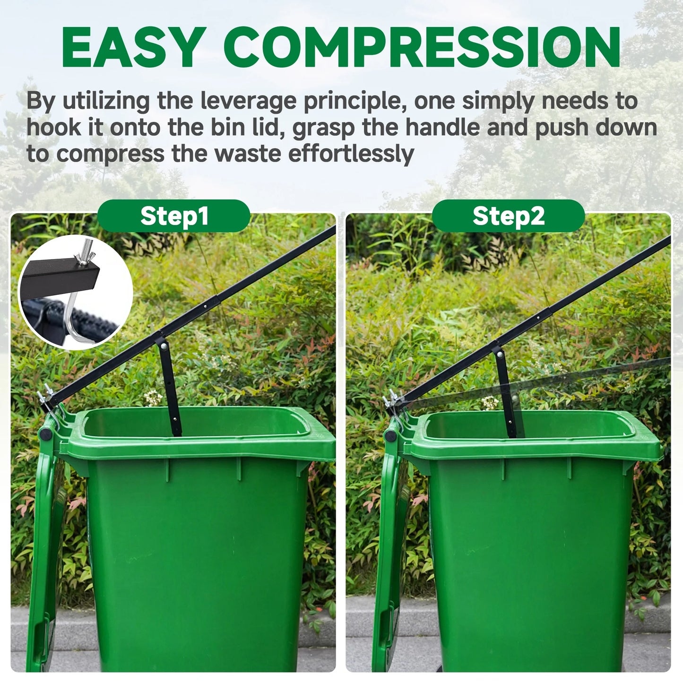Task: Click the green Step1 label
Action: click(174, 216)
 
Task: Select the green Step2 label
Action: click(508, 216)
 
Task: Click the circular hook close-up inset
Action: click(75, 292)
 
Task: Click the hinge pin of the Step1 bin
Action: click(44, 433)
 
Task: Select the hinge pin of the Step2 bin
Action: click(390, 435)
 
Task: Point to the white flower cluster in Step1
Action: click(153, 398)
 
